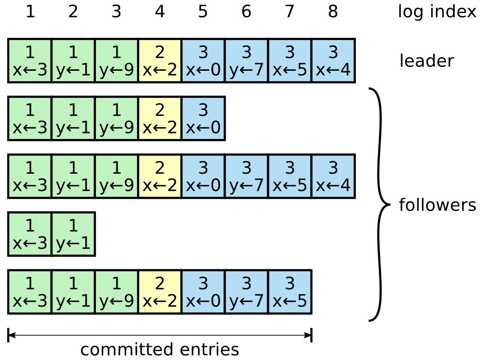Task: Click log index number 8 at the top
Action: coord(333,12)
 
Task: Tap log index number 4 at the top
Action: coord(160,12)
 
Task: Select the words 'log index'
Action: coord(436,12)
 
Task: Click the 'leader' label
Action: coord(426,61)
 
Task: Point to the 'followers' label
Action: coord(437,205)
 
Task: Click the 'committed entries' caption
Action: coord(160,349)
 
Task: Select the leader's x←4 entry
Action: coord(333,61)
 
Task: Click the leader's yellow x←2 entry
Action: coord(160,61)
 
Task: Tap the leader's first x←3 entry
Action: coord(30,61)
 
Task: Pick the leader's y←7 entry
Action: coord(246,61)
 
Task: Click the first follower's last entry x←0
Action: coord(203,119)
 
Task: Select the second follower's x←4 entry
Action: coord(333,176)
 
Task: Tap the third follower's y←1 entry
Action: coord(73,234)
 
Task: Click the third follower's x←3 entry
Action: coord(30,234)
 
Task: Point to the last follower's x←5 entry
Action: coord(290,292)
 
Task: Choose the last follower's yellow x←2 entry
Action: coord(160,292)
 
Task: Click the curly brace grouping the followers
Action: coord(380,205)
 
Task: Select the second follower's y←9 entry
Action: coord(116,176)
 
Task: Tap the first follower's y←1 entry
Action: coord(73,119)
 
